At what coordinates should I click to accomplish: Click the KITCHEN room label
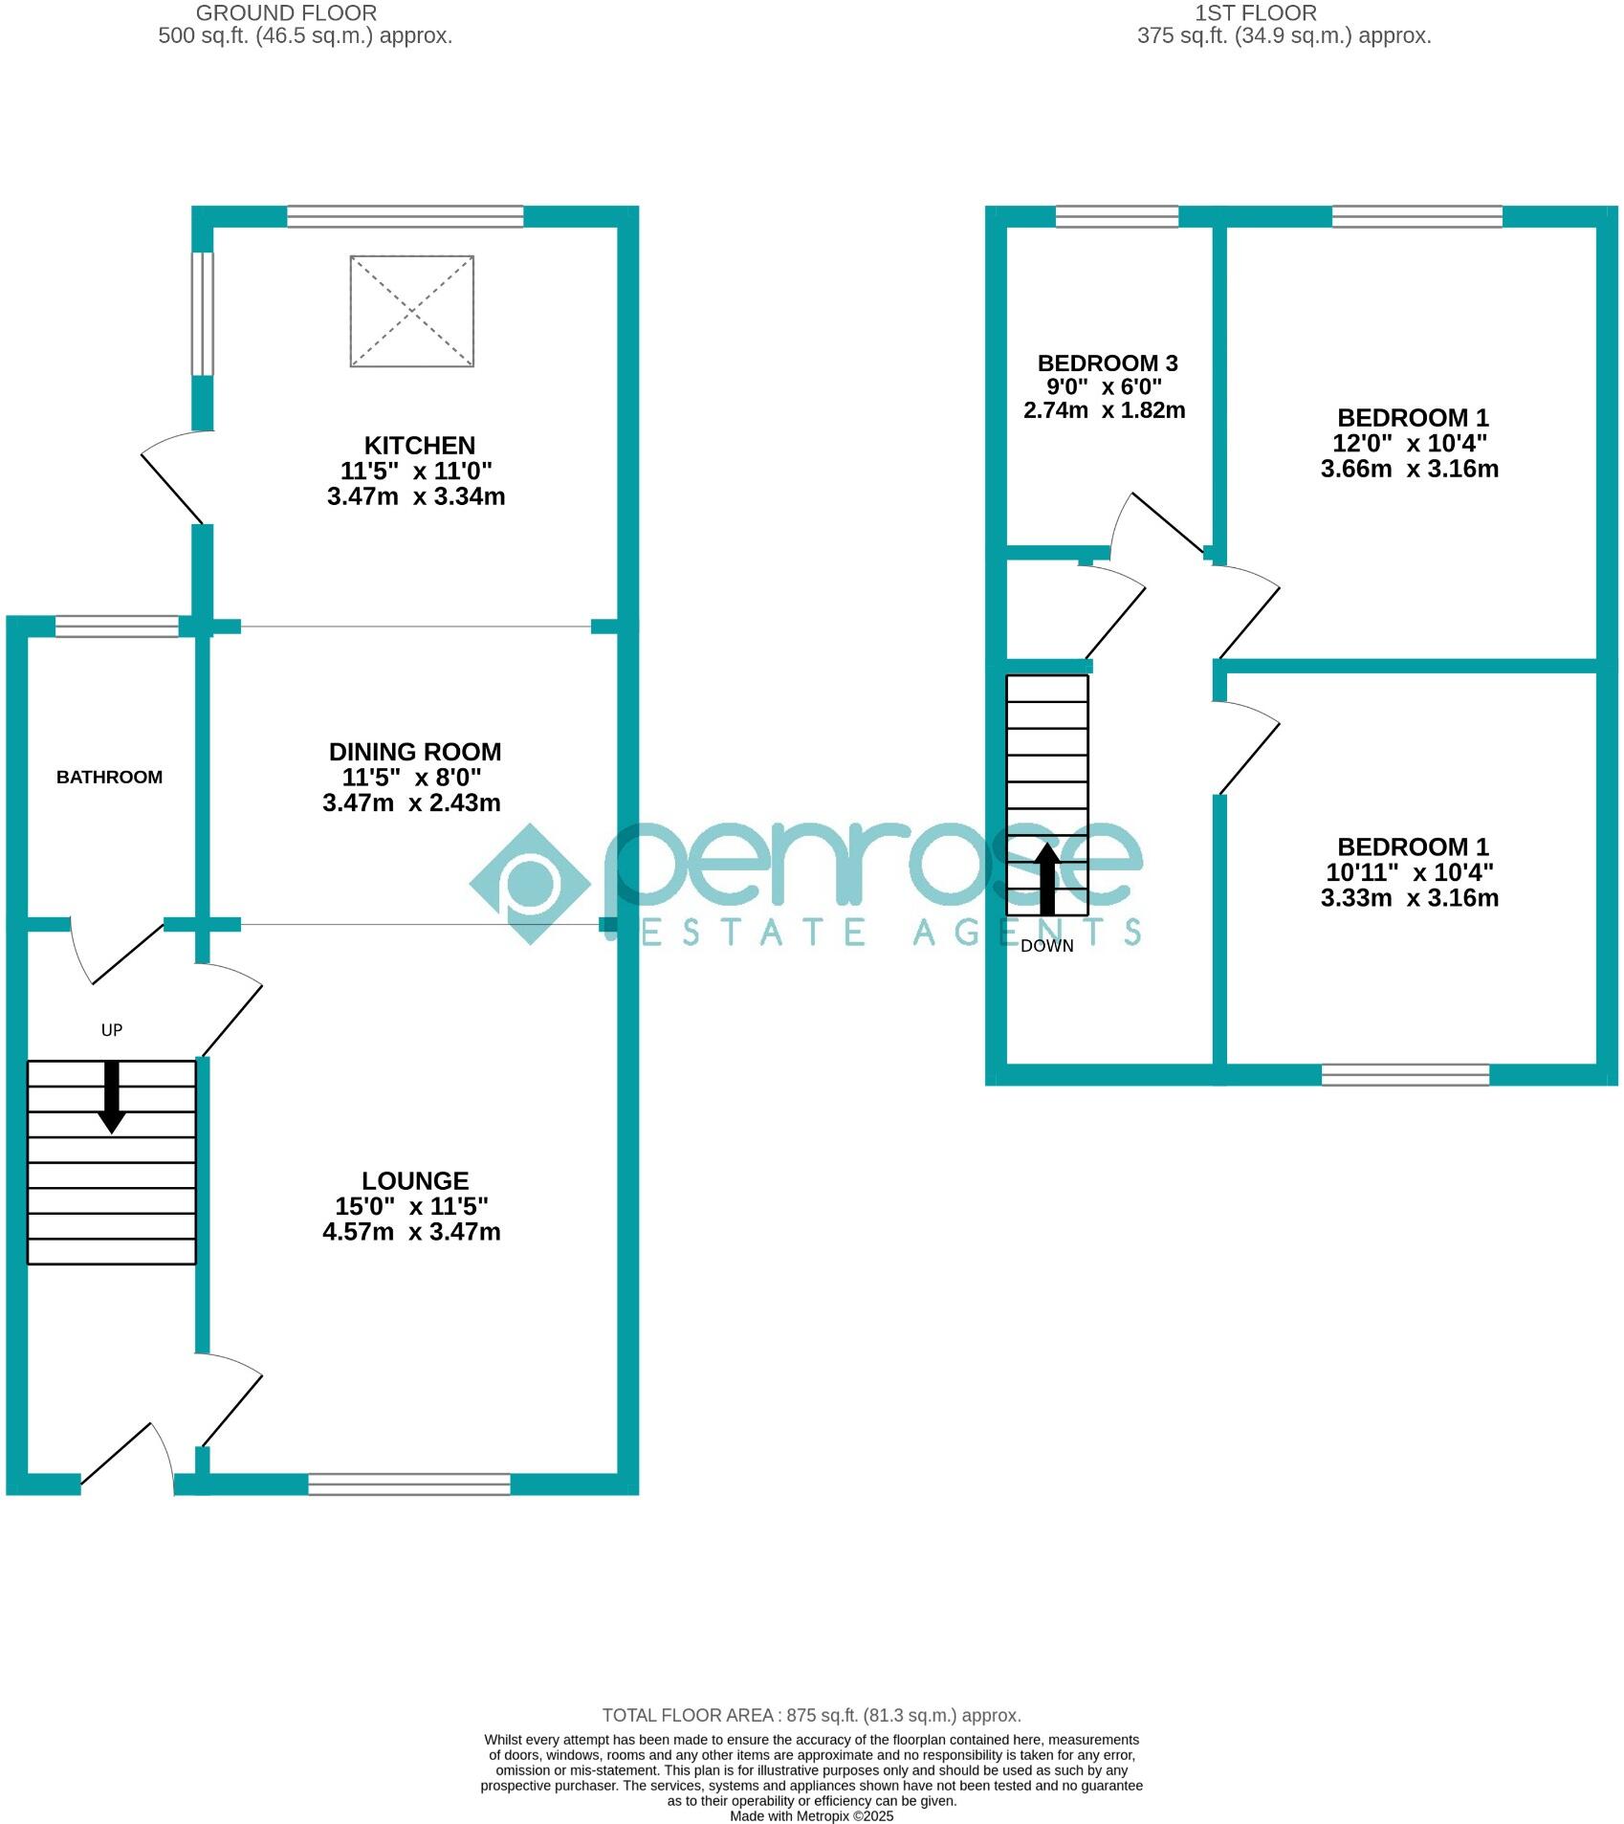tap(419, 446)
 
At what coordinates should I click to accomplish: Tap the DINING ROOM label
tap(414, 752)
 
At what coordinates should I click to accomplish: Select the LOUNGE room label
tap(415, 1181)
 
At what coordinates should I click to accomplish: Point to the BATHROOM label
tap(109, 778)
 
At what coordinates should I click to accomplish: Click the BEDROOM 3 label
tap(1107, 363)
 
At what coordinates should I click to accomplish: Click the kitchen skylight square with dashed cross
tap(411, 311)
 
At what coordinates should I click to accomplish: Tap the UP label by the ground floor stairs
tap(112, 1030)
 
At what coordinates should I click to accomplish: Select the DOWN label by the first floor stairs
tap(1046, 946)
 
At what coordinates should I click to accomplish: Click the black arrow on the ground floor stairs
tap(112, 1096)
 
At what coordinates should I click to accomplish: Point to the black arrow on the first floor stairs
tap(1047, 878)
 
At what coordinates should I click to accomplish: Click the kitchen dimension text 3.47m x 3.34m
tap(415, 496)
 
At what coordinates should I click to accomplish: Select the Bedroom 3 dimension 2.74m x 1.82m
tap(1104, 410)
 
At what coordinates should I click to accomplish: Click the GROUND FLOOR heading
tap(286, 13)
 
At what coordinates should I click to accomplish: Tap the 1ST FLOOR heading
tap(1255, 13)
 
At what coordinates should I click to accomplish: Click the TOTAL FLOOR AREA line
tap(811, 1716)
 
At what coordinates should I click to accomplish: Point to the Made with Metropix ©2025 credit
tap(811, 1815)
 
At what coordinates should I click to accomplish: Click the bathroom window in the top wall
tap(117, 626)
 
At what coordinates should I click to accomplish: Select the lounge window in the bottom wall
tap(409, 1483)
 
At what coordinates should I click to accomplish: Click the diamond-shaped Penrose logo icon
tap(529, 884)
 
